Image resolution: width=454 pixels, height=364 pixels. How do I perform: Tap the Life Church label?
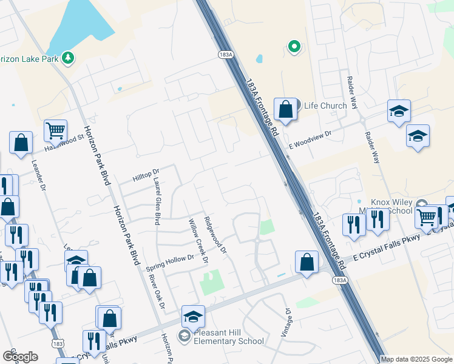click(325, 106)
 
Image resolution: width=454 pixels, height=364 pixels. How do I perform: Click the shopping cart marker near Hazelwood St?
click(55, 130)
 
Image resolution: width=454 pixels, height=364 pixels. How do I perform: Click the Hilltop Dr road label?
click(146, 176)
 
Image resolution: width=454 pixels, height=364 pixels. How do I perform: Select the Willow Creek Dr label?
click(198, 241)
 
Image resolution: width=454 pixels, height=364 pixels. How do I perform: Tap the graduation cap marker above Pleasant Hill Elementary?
click(193, 317)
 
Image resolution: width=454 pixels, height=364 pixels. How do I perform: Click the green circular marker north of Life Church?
click(294, 46)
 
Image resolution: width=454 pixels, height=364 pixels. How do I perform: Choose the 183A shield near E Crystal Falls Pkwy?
click(340, 280)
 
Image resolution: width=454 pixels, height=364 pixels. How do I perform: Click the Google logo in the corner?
click(19, 356)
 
